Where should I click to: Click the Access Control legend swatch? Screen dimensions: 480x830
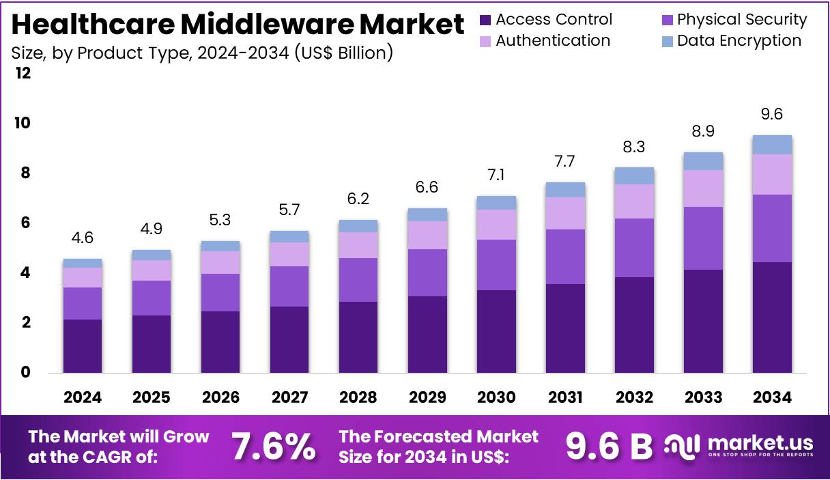[485, 20]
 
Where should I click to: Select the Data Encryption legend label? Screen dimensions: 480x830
[739, 41]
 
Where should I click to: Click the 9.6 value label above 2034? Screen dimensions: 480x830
[771, 115]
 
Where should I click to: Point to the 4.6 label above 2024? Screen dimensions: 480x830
[82, 238]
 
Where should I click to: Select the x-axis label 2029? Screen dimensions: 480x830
[427, 397]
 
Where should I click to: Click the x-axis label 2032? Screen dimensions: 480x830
[634, 397]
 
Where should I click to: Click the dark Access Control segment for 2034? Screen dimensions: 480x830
[771, 317]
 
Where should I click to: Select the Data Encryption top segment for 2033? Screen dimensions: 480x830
[703, 161]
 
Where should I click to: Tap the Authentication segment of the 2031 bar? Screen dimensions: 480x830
[565, 213]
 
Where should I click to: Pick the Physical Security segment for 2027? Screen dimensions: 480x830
[289, 286]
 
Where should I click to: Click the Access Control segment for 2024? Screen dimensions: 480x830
[82, 345]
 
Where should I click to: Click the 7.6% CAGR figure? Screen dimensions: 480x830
[274, 447]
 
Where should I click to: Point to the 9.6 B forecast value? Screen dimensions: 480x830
[609, 447]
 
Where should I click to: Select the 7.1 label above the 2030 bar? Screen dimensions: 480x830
[496, 175]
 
